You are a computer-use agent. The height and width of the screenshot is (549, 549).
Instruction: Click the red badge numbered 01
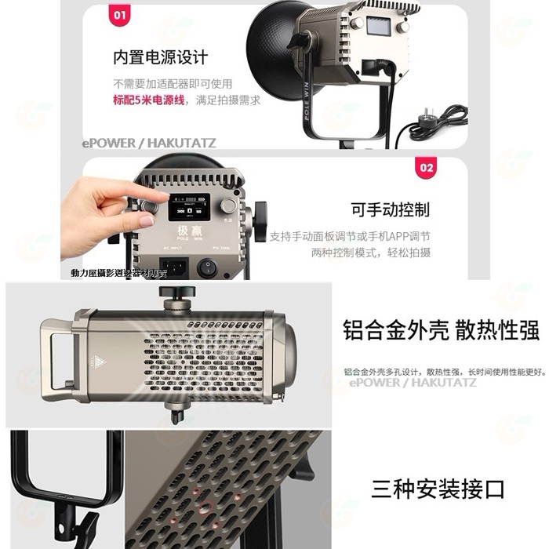[x=120, y=14]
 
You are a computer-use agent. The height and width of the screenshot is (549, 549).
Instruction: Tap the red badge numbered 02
[x=427, y=167]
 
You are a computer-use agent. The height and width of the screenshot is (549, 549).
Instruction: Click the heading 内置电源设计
[x=160, y=58]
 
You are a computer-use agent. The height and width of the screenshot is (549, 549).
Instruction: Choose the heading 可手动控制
[x=391, y=210]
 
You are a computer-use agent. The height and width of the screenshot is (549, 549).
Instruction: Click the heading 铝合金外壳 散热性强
[x=441, y=330]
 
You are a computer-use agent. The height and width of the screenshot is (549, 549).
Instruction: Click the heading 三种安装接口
[x=438, y=489]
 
